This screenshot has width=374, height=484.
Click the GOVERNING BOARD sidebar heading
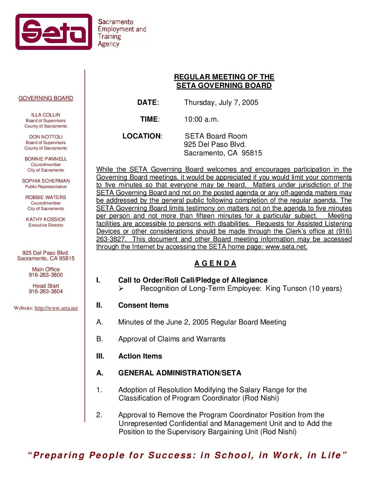click(46, 98)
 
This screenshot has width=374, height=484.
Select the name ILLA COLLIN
click(46, 115)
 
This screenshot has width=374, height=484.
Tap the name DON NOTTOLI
click(46, 137)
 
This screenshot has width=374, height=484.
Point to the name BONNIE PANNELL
click(46, 159)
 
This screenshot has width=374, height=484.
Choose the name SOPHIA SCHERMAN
click(46, 181)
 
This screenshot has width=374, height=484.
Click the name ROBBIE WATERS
click(46, 197)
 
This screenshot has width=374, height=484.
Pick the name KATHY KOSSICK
click(46, 219)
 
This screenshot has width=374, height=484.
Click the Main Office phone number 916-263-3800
click(46, 275)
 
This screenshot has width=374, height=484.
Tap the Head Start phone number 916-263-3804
click(46, 291)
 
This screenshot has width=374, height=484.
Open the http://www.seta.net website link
click(56, 308)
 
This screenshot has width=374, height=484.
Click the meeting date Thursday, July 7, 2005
click(221, 102)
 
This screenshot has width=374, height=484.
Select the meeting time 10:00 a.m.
click(201, 119)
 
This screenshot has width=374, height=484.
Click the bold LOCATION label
click(142, 136)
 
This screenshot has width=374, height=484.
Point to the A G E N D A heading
click(215, 263)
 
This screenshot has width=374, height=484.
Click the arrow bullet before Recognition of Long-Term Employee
click(121, 289)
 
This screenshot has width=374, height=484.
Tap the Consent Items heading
click(143, 305)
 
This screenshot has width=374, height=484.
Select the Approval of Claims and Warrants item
click(172, 339)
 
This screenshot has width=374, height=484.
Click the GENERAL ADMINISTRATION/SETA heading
click(180, 373)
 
